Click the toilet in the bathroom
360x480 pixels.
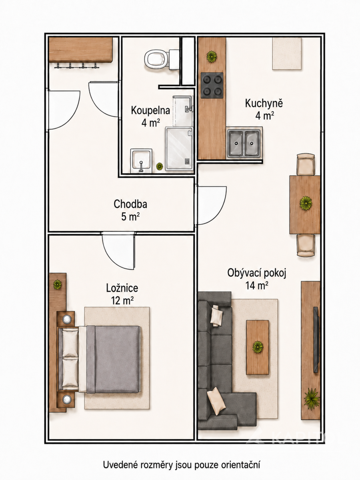(162, 60)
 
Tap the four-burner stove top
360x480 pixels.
(212, 85)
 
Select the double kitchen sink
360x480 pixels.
(244, 143)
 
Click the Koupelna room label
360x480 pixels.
(150, 110)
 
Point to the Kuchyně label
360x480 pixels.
(264, 104)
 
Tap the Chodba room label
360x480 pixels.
(130, 204)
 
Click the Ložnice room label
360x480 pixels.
(122, 288)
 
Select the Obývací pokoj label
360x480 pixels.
(257, 273)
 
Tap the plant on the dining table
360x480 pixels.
(306, 203)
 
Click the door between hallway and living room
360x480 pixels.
(211, 205)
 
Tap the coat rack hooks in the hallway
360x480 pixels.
(76, 65)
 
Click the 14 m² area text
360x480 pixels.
(257, 286)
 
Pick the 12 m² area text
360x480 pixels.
(122, 300)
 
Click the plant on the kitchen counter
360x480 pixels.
(212, 56)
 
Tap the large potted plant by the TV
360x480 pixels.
(312, 399)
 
